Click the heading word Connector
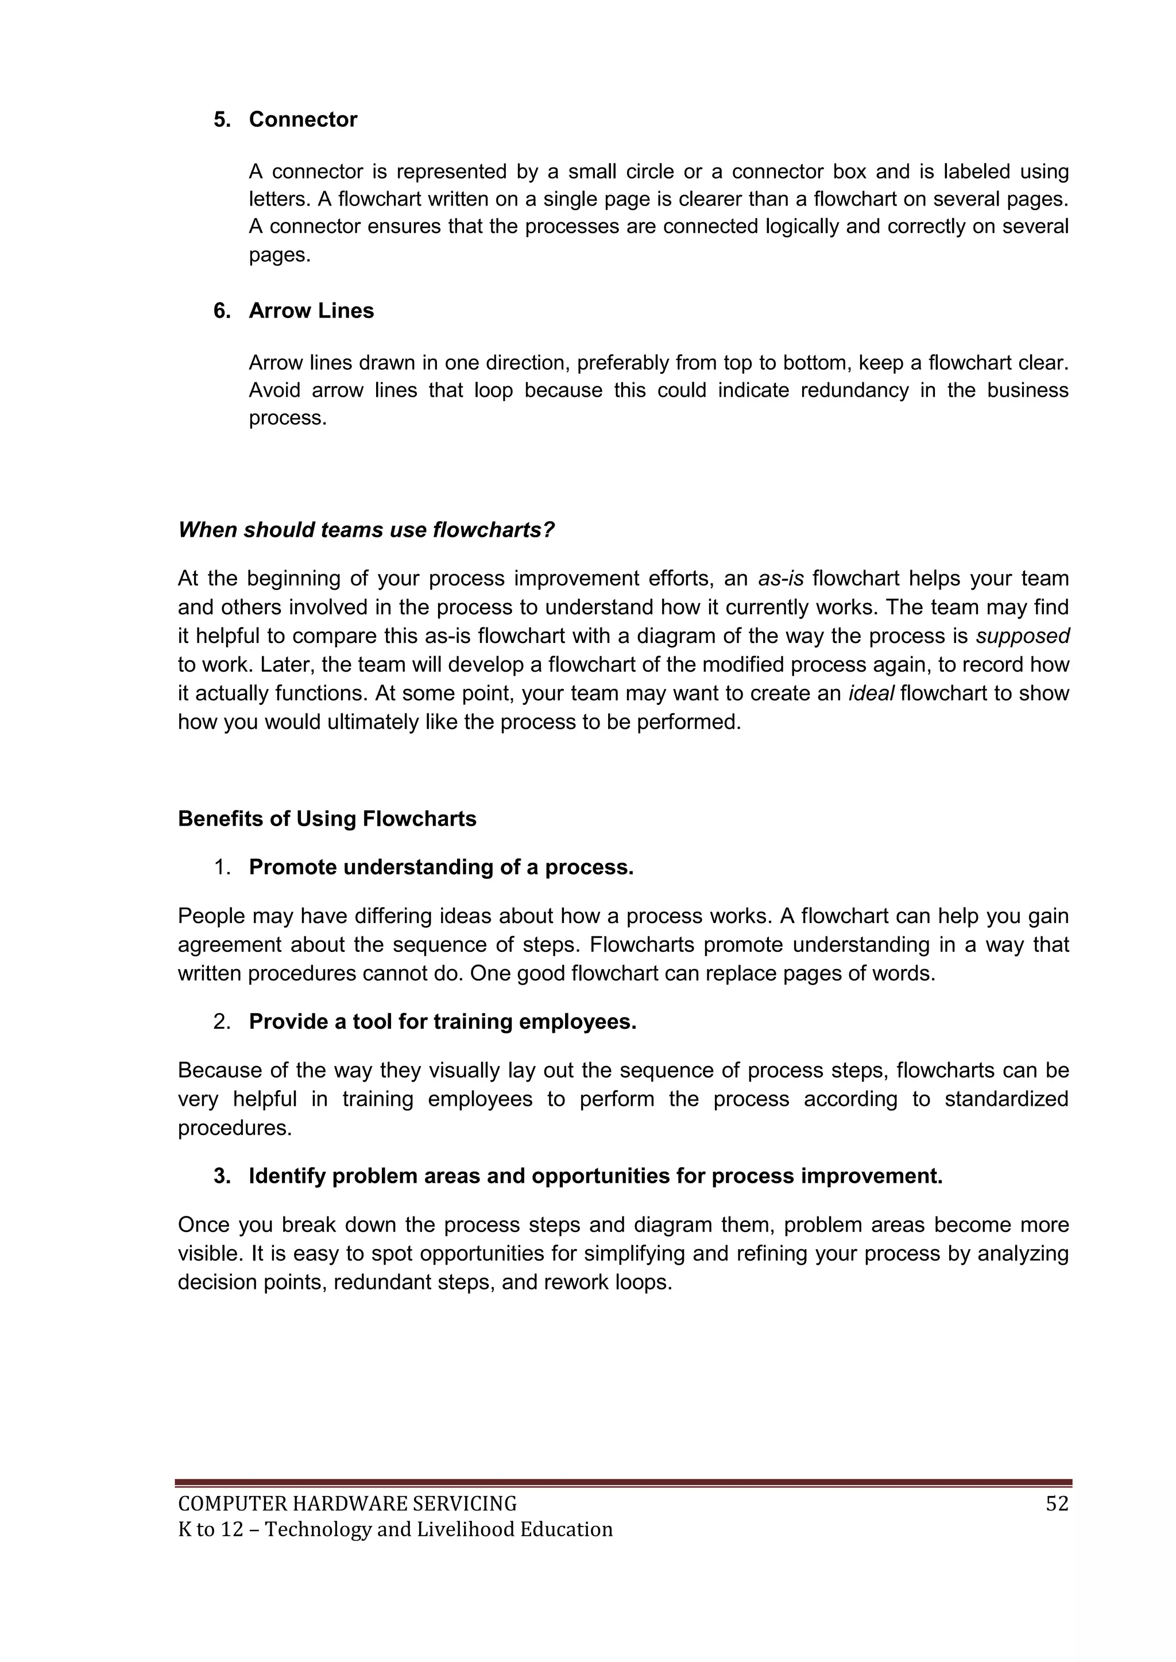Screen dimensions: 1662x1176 [x=303, y=119]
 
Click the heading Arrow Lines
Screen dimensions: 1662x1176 [x=311, y=311]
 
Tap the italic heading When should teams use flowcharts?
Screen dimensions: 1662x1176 [x=366, y=530]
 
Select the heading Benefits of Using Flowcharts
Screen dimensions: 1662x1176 [x=327, y=819]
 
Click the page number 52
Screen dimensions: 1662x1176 [x=1057, y=1504]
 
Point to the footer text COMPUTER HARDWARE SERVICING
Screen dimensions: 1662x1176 [x=347, y=1504]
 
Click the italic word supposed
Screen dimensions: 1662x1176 [x=1023, y=636]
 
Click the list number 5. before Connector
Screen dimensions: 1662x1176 [x=222, y=119]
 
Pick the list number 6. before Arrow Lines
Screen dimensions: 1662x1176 [x=222, y=311]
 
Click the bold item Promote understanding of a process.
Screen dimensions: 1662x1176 [x=441, y=867]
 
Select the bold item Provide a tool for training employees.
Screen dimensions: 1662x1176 [x=443, y=1021]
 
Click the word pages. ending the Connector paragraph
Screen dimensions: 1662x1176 [x=280, y=255]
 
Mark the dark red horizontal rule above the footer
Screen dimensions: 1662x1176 [x=623, y=1482]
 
